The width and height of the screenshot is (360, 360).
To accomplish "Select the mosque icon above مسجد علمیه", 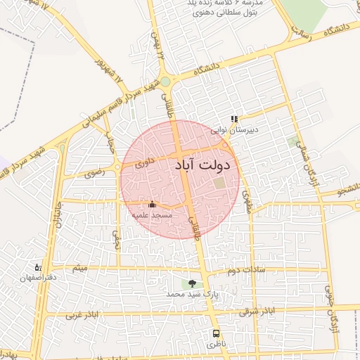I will coord(153,204).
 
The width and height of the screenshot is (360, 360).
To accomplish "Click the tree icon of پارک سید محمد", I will coord(192,283).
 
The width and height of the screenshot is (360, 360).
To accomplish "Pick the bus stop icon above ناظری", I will coord(216,334).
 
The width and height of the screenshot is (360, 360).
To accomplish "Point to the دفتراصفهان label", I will coord(37,278).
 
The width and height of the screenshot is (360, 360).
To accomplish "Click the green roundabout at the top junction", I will coord(165,82).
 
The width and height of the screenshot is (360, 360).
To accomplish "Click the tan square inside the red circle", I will coord(220,183).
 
